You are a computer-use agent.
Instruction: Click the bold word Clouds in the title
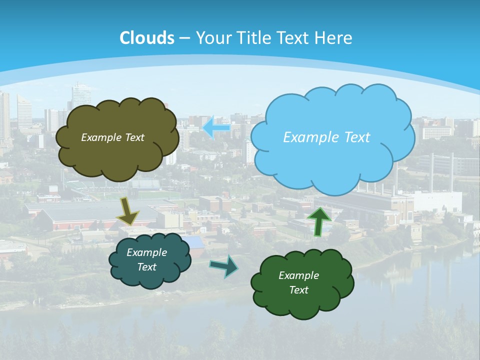coord(147,38)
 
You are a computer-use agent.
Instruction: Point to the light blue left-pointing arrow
coord(216,127)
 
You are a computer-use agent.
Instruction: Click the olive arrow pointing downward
coord(127,212)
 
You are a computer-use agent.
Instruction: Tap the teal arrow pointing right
coord(224,266)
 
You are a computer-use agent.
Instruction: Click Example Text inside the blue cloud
coord(326,137)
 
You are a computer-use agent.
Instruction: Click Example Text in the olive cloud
coord(112,137)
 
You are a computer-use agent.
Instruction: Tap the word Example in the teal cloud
coord(146,252)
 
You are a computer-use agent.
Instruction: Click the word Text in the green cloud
coord(298,290)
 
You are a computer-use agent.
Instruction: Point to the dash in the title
coord(184,38)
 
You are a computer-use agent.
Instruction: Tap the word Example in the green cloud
coord(298,275)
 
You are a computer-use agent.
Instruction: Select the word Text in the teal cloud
coord(146,267)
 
